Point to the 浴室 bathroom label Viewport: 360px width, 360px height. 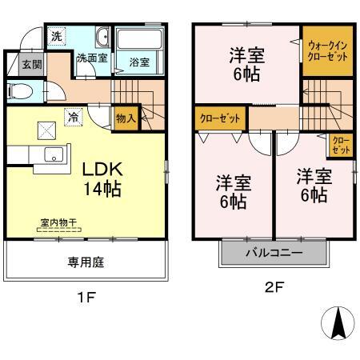pos(138,60)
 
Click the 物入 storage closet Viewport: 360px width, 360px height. pos(126,118)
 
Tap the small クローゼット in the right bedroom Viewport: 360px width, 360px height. pos(340,146)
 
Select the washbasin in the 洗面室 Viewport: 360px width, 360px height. pos(102,38)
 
